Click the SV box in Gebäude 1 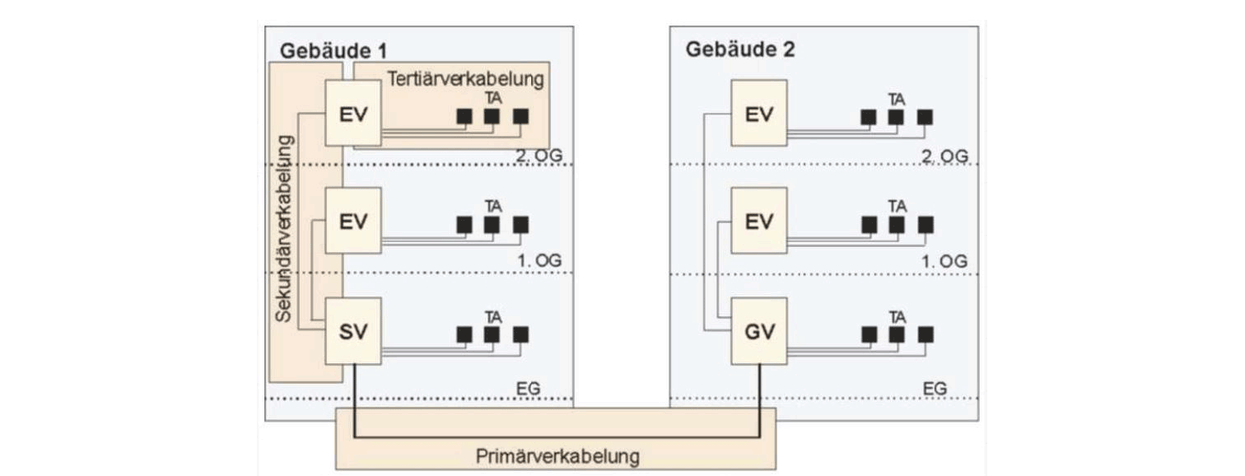pyautogui.click(x=353, y=331)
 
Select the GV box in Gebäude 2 pyautogui.click(x=759, y=331)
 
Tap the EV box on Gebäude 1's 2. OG pyautogui.click(x=353, y=113)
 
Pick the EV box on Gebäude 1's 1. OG pyautogui.click(x=353, y=221)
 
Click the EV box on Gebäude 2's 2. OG pyautogui.click(x=759, y=113)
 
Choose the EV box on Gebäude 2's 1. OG pyautogui.click(x=759, y=221)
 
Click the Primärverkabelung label pyautogui.click(x=557, y=455)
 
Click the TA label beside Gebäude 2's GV pyautogui.click(x=897, y=316)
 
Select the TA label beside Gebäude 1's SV pyautogui.click(x=492, y=316)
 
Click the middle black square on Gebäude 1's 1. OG pyautogui.click(x=492, y=224)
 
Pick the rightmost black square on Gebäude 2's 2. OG pyautogui.click(x=926, y=117)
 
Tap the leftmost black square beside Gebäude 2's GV pyautogui.click(x=869, y=334)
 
